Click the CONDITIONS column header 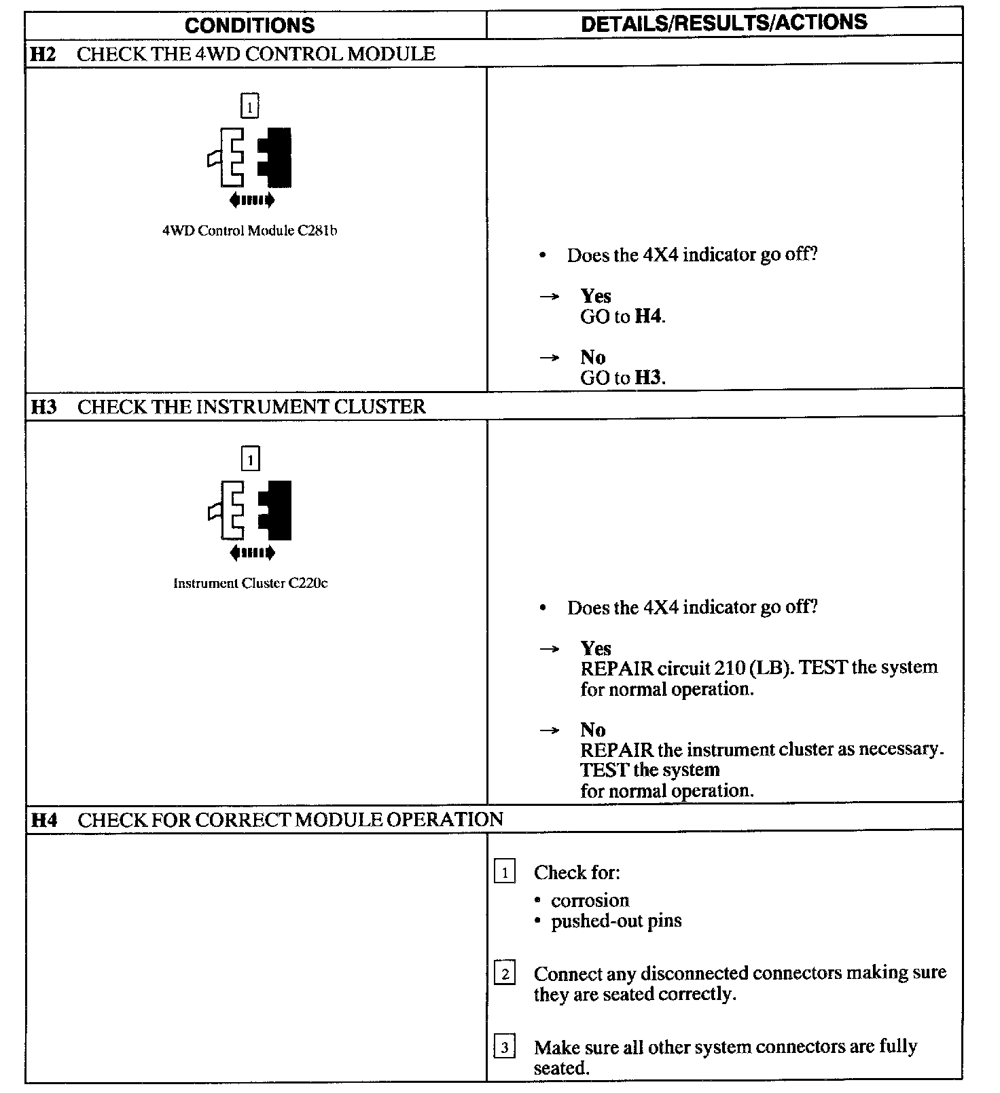pyautogui.click(x=249, y=25)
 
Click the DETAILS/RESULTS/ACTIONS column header pyautogui.click(x=724, y=22)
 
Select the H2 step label pyautogui.click(x=43, y=54)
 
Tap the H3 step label pyautogui.click(x=43, y=407)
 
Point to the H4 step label pyautogui.click(x=44, y=820)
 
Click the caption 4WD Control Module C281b pyautogui.click(x=249, y=231)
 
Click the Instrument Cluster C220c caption pyautogui.click(x=250, y=583)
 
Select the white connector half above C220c pyautogui.click(x=229, y=511)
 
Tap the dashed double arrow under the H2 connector pyautogui.click(x=252, y=200)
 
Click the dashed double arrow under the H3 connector pyautogui.click(x=252, y=553)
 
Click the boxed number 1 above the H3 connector pyautogui.click(x=250, y=460)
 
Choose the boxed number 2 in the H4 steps pyautogui.click(x=505, y=974)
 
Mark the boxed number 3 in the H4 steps pyautogui.click(x=505, y=1048)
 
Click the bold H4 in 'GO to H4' pyautogui.click(x=648, y=316)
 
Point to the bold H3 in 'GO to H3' pyautogui.click(x=648, y=378)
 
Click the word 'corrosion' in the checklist pyautogui.click(x=590, y=901)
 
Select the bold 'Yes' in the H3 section pyautogui.click(x=596, y=648)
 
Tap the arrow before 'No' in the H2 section pyautogui.click(x=550, y=358)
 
